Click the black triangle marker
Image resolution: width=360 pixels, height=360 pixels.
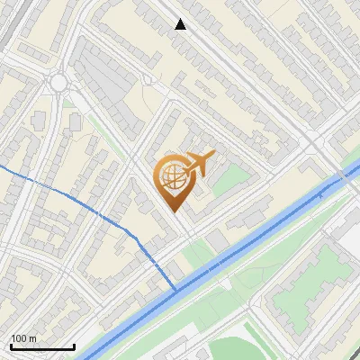[x=180, y=24]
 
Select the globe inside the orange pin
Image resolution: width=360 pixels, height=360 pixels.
[x=171, y=178]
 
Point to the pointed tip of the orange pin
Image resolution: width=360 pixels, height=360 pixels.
[x=172, y=211]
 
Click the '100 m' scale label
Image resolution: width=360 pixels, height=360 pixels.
[x=23, y=338]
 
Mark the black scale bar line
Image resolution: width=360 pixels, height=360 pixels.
[x=42, y=346]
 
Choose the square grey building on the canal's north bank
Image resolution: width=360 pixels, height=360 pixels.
[x=219, y=241]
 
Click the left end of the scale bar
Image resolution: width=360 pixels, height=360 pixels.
[x=11, y=346]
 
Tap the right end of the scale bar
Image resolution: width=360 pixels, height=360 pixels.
[x=74, y=346]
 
